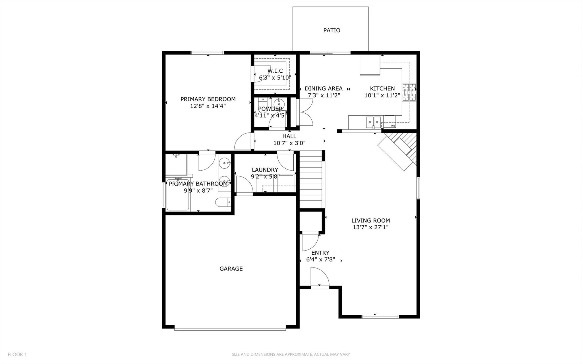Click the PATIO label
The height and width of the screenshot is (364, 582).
[x=332, y=30]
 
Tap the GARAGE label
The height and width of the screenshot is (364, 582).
[x=231, y=269]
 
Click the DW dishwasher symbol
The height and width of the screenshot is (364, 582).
[x=392, y=125]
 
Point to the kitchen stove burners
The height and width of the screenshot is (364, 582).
[x=409, y=93]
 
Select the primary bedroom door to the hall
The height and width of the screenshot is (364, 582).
[x=243, y=142]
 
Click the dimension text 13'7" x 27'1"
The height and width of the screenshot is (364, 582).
[x=370, y=227]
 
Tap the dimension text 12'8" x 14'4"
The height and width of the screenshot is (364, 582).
[x=208, y=106]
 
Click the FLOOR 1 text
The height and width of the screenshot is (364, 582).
[x=17, y=355]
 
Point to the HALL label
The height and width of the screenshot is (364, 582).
[x=289, y=136]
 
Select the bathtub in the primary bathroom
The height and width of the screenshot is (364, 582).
[x=178, y=195]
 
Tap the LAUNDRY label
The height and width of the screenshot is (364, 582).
[x=265, y=170]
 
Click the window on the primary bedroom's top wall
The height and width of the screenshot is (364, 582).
[x=207, y=53]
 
